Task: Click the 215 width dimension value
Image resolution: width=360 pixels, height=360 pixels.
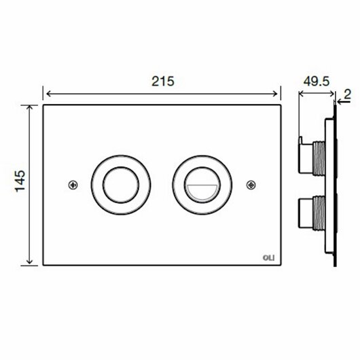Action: (x=163, y=82)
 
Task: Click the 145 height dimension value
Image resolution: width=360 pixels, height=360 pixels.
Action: (x=20, y=181)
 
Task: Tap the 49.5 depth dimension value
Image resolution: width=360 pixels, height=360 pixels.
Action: (x=317, y=82)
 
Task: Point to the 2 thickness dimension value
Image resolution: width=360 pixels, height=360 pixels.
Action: (x=348, y=94)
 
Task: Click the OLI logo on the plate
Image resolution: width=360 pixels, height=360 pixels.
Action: (x=268, y=258)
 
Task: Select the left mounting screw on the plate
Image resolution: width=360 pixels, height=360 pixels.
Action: (x=73, y=185)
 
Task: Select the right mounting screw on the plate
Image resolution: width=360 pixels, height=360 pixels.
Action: (x=251, y=185)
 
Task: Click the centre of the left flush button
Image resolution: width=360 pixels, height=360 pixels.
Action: (x=121, y=185)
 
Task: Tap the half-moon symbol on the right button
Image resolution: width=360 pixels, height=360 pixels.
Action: (x=202, y=192)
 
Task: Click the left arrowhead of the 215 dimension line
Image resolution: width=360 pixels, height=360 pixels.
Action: (x=49, y=94)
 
